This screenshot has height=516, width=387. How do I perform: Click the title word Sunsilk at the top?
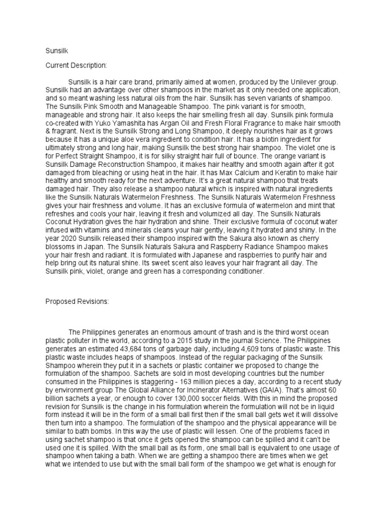pyautogui.click(x=55, y=51)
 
